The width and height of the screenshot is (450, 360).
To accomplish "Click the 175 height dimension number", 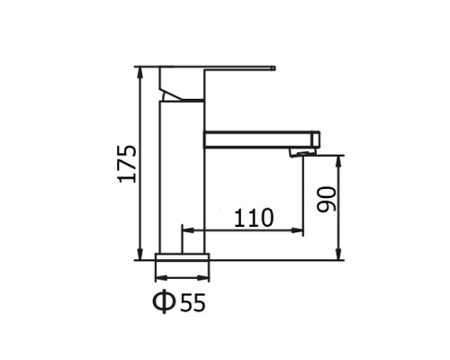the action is click(x=128, y=164).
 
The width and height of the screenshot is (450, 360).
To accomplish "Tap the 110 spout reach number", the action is click(x=254, y=218).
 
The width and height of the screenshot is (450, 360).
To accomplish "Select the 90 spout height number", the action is click(x=327, y=200).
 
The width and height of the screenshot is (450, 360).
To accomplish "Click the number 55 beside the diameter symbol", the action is click(x=193, y=302).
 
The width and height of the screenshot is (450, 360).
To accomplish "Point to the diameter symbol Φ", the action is click(x=164, y=302).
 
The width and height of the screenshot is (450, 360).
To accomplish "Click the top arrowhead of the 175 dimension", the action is click(x=140, y=73).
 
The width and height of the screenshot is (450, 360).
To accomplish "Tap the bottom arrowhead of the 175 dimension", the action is click(x=140, y=254).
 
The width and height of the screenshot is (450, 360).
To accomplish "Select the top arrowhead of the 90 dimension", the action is click(x=338, y=162).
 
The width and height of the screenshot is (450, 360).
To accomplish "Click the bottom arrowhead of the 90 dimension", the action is click(x=338, y=254).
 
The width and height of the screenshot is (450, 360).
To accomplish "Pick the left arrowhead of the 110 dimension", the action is click(x=188, y=230).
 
